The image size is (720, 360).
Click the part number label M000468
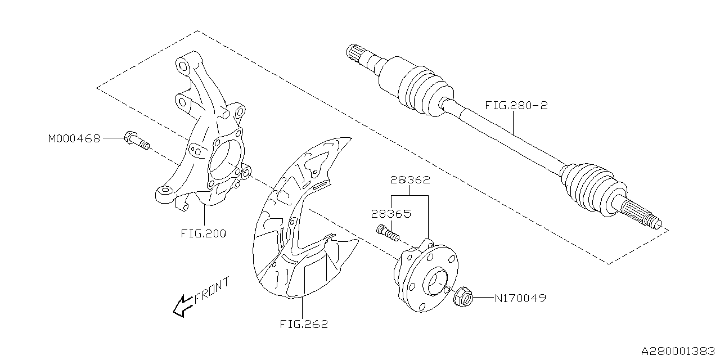74,138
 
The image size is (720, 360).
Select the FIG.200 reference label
204,233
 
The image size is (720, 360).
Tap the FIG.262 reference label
303,324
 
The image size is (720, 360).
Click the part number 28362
411,181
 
